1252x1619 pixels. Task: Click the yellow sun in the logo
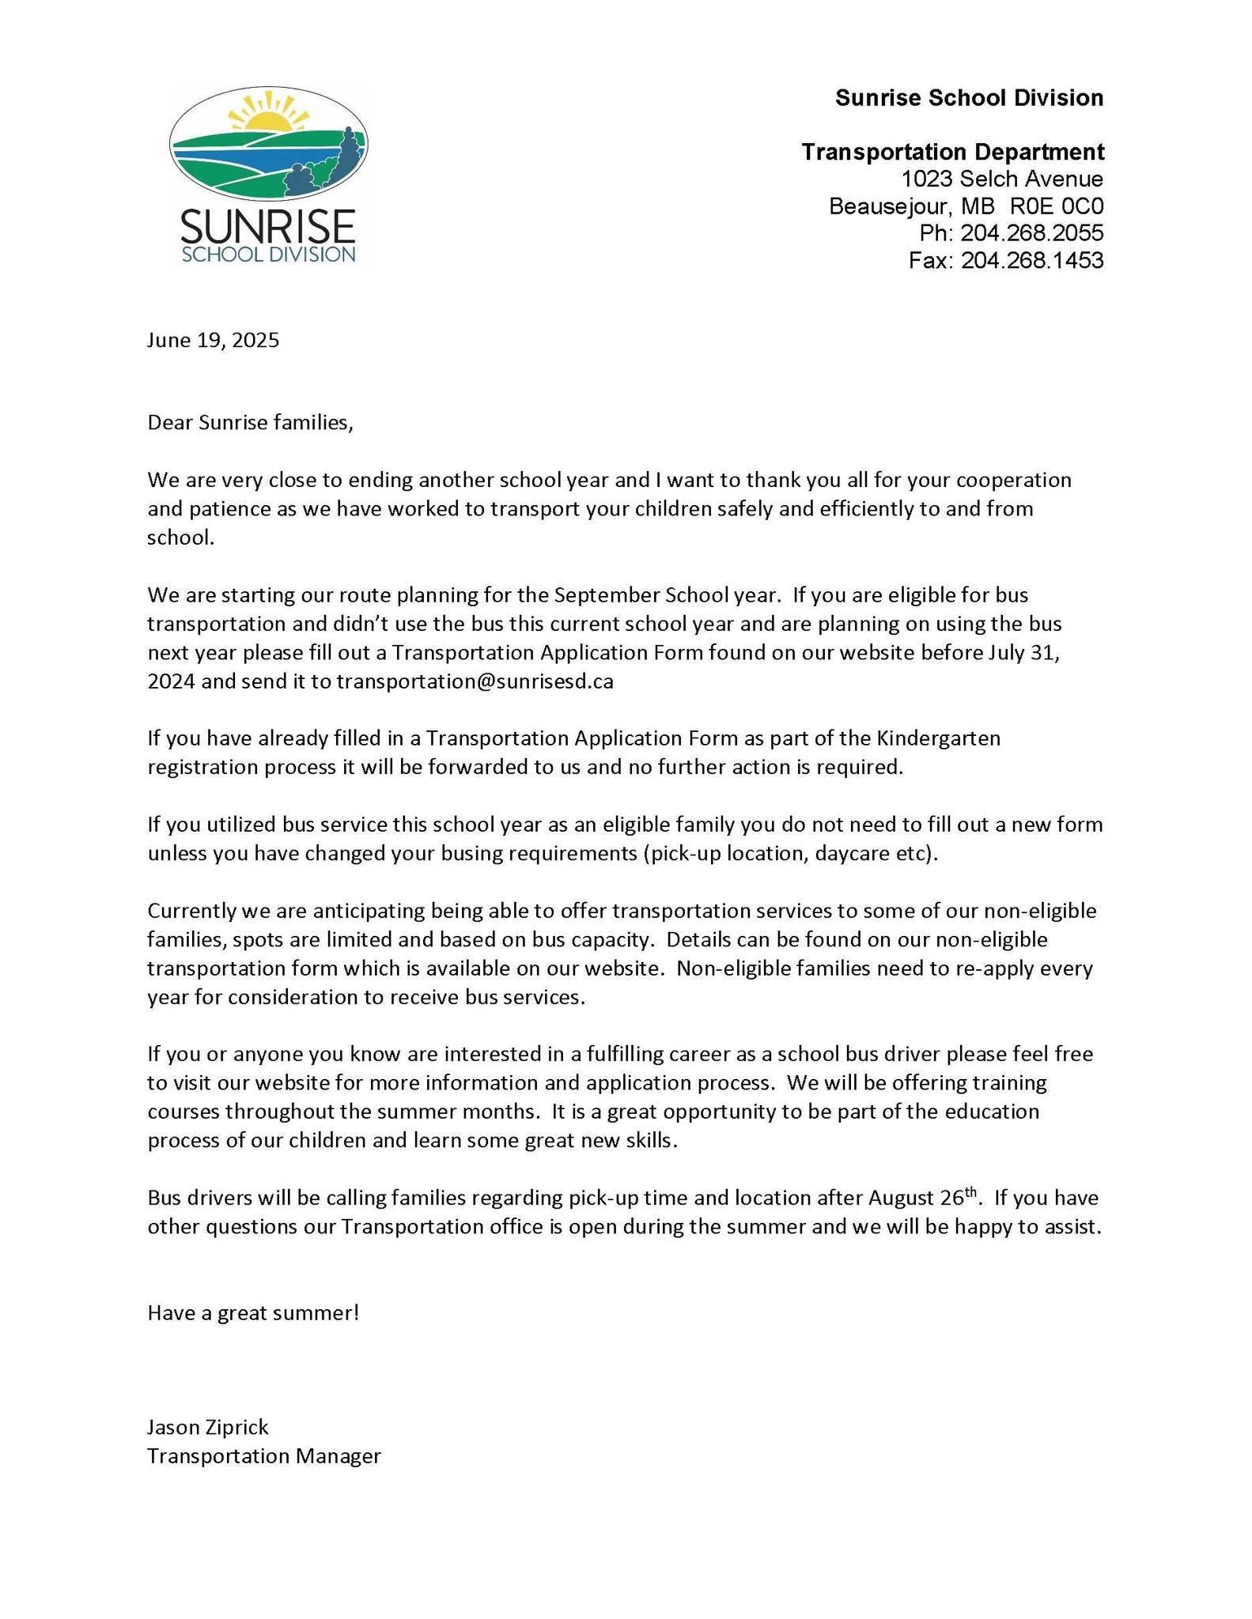(x=269, y=119)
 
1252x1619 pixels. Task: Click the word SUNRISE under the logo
(x=267, y=226)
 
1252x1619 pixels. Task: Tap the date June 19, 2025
(x=213, y=340)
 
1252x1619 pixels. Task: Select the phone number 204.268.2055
(x=1031, y=233)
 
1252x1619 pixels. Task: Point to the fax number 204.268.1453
(x=1031, y=260)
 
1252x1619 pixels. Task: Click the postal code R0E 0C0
(x=1057, y=206)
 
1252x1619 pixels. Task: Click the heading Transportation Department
(x=952, y=152)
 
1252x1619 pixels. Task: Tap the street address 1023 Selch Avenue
(x=1002, y=179)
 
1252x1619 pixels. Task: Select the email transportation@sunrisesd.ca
(x=475, y=681)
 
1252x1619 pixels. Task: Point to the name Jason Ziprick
(x=208, y=1427)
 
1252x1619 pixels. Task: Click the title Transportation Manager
(x=264, y=1455)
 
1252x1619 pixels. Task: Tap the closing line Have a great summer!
(x=253, y=1313)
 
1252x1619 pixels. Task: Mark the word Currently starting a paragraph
(x=192, y=911)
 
